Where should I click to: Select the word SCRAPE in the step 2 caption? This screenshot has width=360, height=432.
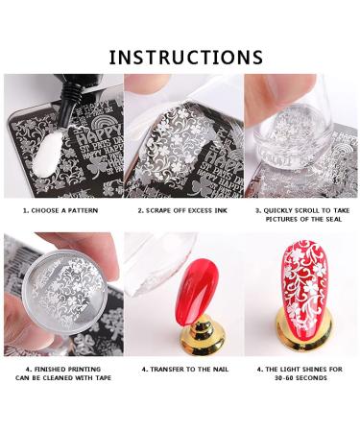coord(153,208)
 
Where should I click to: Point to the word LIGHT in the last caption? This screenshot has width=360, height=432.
coord(290,368)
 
